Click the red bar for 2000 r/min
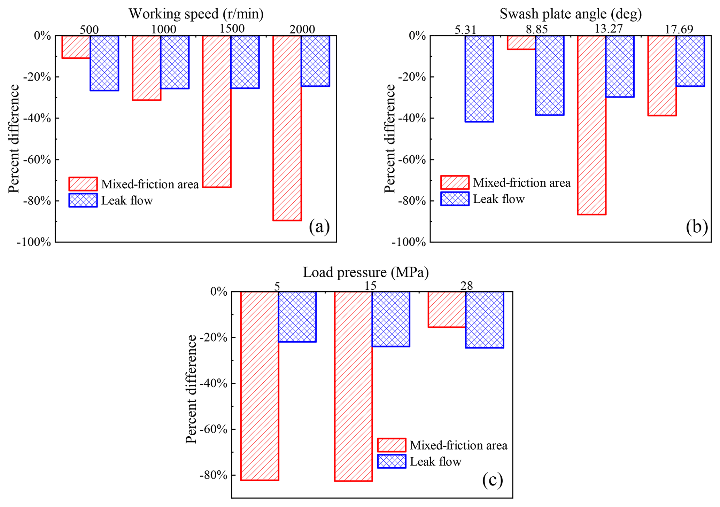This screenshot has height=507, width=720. coord(287,128)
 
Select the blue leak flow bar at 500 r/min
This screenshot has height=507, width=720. coord(104,63)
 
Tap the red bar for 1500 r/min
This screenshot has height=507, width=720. coord(217,111)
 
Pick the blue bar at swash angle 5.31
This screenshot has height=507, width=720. coord(479,78)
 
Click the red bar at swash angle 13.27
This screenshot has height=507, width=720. coord(591,125)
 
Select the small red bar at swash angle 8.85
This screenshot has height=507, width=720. coord(521,42)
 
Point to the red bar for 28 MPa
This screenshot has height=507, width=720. coord(447,309)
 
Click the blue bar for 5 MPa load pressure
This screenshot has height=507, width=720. coord(297,317)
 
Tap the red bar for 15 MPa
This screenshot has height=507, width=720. coord(353,386)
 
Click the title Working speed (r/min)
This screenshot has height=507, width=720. coord(196,14)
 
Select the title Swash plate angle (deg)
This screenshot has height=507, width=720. coord(571,14)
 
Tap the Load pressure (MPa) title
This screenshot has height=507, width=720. coord(366,272)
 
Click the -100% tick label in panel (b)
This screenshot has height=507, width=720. coord(409,243)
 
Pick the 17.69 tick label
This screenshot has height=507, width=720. coord(679,30)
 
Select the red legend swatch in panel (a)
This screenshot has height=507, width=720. coord(83,184)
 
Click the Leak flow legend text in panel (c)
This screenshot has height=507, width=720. coord(435,462)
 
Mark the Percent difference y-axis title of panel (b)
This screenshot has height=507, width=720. coord(390,139)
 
